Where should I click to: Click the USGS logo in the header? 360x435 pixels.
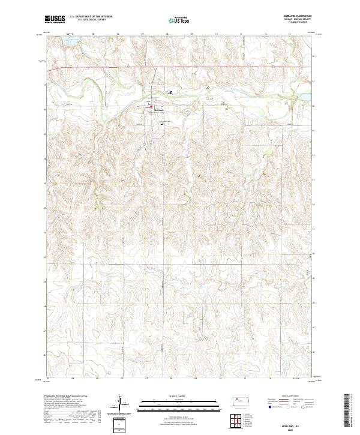click(55, 19)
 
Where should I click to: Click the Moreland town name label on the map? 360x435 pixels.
click(158, 110)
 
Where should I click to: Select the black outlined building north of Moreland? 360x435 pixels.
click(171, 92)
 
